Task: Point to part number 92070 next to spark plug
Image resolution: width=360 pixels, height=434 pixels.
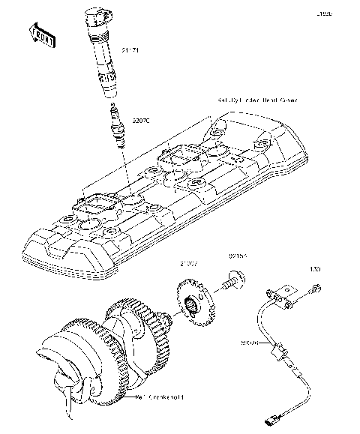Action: pos(141,119)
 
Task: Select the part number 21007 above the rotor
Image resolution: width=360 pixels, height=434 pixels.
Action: pos(188,263)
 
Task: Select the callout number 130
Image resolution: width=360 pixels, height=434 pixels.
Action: pos(316,268)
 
